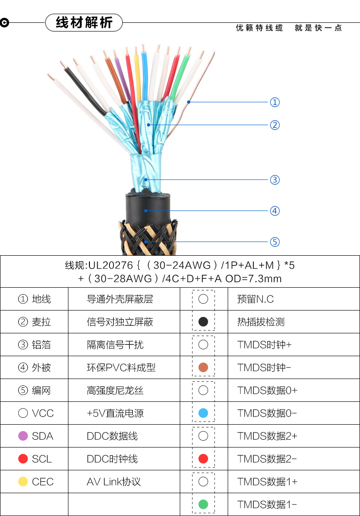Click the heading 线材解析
(x=84, y=22)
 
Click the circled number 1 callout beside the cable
(x=275, y=102)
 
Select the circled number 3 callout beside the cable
(x=275, y=180)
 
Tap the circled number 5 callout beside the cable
(x=275, y=242)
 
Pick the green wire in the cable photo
(x=181, y=75)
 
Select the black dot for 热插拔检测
(x=203, y=322)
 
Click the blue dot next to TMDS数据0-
(x=203, y=413)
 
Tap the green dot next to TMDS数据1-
(x=203, y=505)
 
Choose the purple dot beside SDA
(x=23, y=436)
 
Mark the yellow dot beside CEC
(x=23, y=482)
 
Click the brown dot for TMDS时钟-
(x=203, y=368)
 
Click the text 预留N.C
(x=256, y=299)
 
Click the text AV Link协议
(x=114, y=482)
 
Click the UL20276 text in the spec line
(x=110, y=265)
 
